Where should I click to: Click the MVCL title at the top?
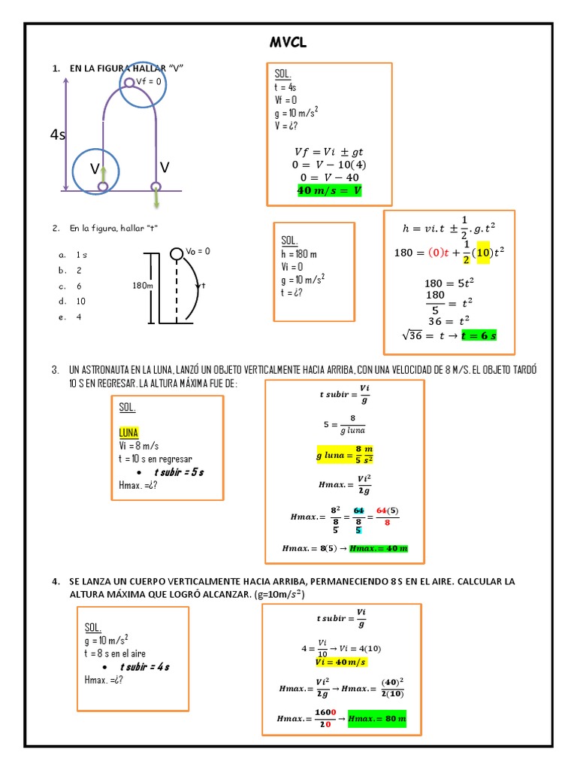pos(288,44)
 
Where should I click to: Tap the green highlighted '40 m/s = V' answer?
pos(329,191)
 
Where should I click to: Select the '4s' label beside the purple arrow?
pos(58,135)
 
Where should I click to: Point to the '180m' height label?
pos(143,286)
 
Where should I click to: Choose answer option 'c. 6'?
pos(71,286)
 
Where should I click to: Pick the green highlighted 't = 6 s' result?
pos(479,335)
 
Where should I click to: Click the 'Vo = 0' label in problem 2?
pos(197,251)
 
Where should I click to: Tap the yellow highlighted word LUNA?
pos(129,432)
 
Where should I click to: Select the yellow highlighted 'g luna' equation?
pos(345,455)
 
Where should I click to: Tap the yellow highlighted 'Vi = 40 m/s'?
pos(340,662)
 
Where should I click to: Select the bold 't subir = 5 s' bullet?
pos(179,471)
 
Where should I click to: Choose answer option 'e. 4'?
pos(71,317)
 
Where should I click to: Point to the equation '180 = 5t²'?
pos(449,283)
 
